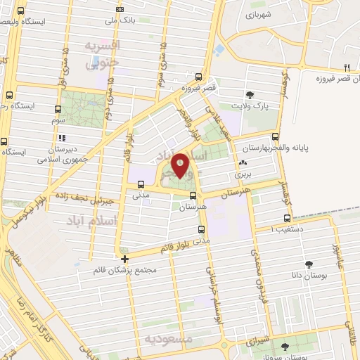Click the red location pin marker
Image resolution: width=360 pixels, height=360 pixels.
tap(181, 166)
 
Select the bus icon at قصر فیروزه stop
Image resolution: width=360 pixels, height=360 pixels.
tap(199, 78)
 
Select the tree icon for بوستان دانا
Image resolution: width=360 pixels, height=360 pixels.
tap(308, 265)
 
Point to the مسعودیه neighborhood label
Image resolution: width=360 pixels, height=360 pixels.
tap(168, 338)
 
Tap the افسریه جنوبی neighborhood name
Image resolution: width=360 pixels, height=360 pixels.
tap(103, 54)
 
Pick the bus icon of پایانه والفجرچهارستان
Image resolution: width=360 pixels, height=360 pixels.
tap(274, 137)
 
